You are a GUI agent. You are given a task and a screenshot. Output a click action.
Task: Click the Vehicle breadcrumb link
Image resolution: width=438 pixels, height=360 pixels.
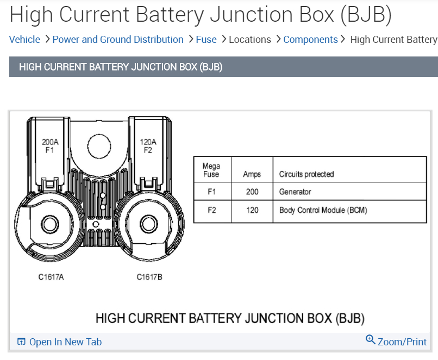coord(24,40)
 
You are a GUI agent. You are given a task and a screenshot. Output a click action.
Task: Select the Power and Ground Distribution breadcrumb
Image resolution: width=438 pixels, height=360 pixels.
coord(118,40)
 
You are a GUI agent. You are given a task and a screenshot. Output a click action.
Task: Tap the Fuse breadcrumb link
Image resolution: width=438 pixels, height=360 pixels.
coord(206,40)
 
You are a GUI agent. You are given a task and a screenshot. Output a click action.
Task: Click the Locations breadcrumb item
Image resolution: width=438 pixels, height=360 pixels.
coord(249,40)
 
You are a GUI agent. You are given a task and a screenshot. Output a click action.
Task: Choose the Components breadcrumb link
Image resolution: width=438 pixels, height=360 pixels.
coord(310,40)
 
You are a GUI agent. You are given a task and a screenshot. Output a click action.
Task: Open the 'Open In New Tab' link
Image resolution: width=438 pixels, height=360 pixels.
coord(65,342)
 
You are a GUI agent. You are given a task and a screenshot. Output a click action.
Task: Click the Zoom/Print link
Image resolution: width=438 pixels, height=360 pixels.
coord(402,342)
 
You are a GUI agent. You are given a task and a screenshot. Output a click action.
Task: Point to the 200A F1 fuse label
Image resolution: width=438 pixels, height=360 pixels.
coord(49,146)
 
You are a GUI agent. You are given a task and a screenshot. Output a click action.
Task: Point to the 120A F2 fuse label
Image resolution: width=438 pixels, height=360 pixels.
coord(148,146)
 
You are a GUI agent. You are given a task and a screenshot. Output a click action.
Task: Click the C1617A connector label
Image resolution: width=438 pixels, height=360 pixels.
coord(51,277)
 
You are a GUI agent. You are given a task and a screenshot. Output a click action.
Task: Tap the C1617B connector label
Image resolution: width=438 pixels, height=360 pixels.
coord(149,277)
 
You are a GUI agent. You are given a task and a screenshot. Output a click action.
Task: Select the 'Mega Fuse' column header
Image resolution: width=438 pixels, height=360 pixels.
coord(211,170)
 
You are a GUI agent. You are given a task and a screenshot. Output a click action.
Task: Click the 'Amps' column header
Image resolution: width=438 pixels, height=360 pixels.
coord(252,174)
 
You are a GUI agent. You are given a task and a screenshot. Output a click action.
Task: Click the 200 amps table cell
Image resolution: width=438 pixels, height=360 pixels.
coord(252,192)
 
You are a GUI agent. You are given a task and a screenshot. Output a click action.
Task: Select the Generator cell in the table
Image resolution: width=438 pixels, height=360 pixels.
coord(295,192)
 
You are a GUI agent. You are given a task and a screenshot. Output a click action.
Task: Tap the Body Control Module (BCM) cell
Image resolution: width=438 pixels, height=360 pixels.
coord(323,210)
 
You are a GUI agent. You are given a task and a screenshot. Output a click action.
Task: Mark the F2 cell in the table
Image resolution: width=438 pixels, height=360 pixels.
coord(211,210)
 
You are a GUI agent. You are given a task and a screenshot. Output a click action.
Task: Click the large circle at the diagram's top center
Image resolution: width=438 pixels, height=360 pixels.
coord(99,145)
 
